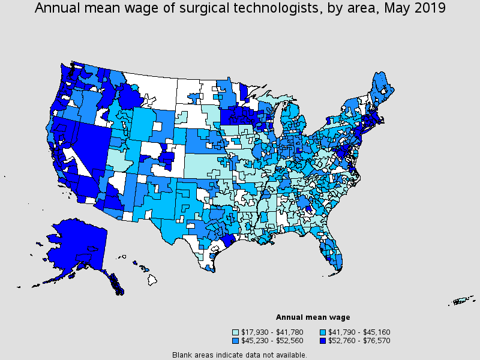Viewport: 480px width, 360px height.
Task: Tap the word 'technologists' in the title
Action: pos(277,8)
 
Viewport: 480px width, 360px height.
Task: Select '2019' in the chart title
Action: pos(430,8)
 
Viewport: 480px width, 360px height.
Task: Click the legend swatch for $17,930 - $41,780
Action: pos(236,332)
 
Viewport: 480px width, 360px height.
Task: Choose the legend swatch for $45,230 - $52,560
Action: pos(236,340)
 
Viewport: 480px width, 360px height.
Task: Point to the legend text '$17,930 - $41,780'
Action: pos(271,332)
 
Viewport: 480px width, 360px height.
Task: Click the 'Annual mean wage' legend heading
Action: pos(313,317)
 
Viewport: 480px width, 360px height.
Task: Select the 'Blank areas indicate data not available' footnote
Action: pos(239,355)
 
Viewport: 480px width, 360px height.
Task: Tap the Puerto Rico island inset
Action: pos(462,300)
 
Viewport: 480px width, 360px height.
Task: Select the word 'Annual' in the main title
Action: pos(59,8)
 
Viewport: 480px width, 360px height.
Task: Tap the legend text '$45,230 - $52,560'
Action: pos(271,340)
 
